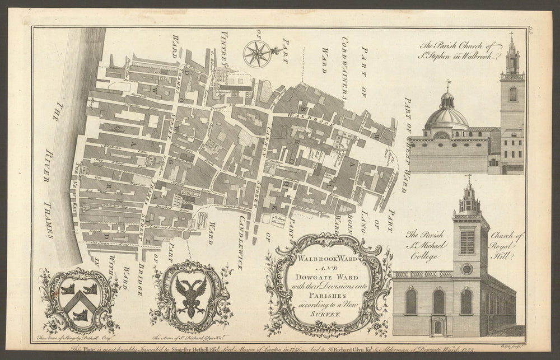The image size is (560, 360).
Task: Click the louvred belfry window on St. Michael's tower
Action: tap(466, 242)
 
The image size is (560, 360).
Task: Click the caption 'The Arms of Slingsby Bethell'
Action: tap(71, 338)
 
